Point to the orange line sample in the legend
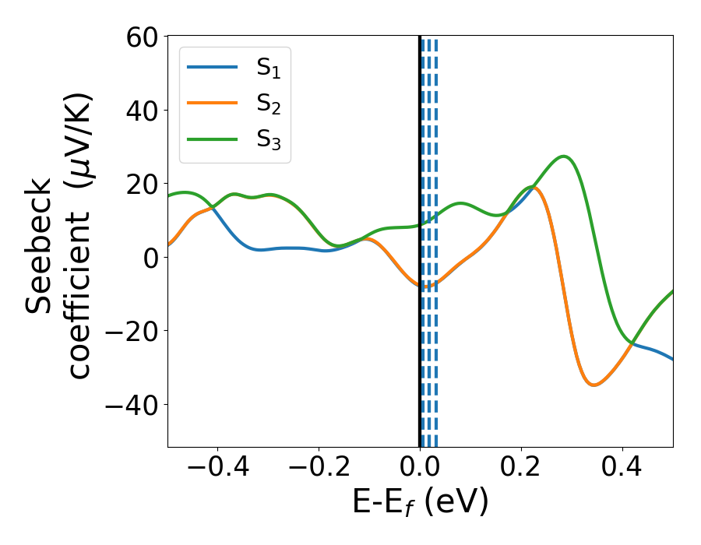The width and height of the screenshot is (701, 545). click(x=212, y=103)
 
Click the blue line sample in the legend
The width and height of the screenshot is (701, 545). click(x=212, y=67)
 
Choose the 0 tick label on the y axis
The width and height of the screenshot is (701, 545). click(x=150, y=258)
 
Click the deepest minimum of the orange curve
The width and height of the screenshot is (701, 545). click(x=594, y=385)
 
